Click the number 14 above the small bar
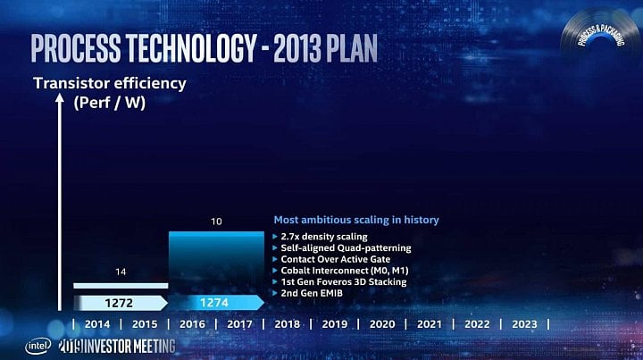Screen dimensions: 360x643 point(121,270)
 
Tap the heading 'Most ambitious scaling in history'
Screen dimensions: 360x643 point(355,220)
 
